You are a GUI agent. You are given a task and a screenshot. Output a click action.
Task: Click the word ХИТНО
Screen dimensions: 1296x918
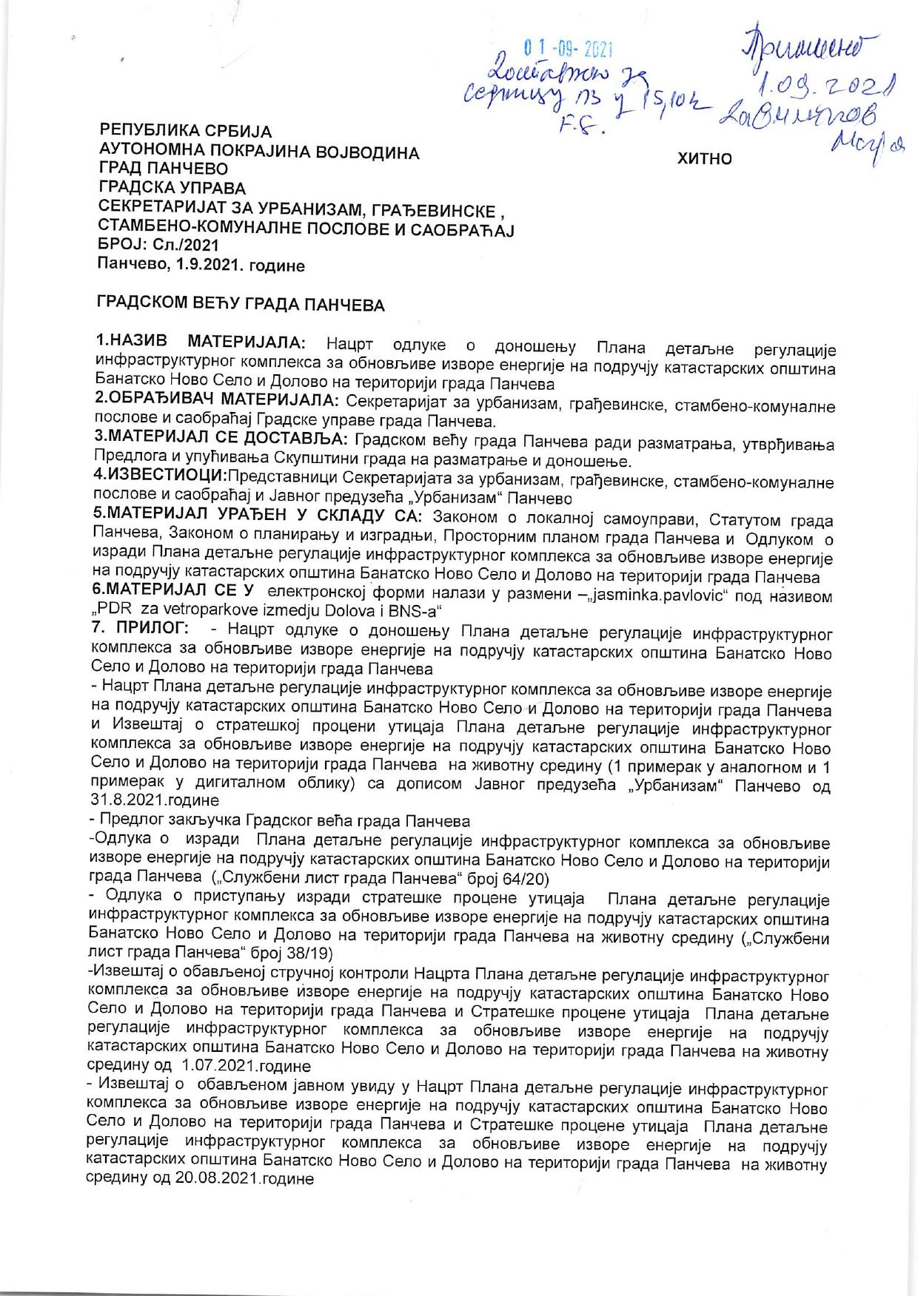coord(705,158)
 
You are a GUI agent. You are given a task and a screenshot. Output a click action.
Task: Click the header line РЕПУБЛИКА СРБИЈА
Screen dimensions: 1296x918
coord(186,132)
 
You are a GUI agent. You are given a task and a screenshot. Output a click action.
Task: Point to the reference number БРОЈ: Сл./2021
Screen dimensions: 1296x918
coord(158,245)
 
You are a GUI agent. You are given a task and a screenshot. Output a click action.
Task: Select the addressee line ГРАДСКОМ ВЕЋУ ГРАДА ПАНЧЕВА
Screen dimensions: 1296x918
coord(241,304)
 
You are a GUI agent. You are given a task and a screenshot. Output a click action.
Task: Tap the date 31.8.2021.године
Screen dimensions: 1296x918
coord(154,800)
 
